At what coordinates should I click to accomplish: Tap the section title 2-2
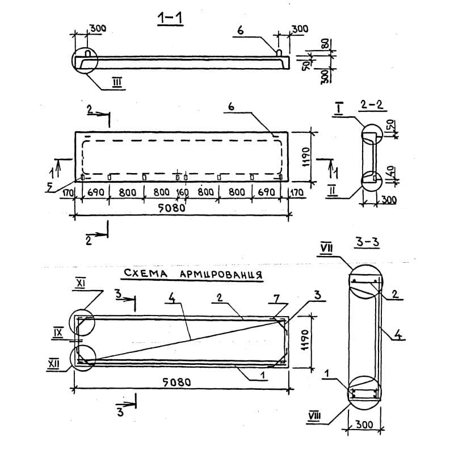tap(372, 105)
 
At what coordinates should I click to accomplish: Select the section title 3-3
tap(367, 243)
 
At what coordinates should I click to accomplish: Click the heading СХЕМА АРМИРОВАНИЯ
tap(193, 274)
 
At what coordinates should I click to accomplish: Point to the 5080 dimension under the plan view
tap(172, 208)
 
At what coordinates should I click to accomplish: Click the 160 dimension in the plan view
tap(182, 192)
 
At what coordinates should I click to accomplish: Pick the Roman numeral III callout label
tap(117, 82)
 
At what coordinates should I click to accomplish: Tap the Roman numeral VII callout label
tap(326, 249)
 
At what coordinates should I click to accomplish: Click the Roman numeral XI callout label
tap(80, 284)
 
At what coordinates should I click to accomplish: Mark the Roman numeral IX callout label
tap(58, 332)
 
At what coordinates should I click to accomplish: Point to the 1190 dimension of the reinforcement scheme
tap(306, 340)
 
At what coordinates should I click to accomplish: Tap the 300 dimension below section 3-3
tap(364, 424)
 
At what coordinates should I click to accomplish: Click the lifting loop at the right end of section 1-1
tap(279, 52)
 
